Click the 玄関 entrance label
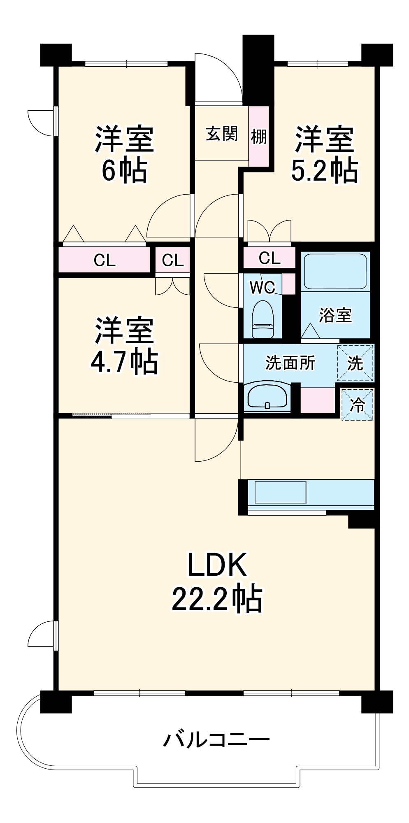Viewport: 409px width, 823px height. click(222, 134)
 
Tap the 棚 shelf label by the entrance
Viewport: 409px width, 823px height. click(259, 136)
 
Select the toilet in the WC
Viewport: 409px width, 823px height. click(263, 319)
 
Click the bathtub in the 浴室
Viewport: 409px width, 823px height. click(335, 272)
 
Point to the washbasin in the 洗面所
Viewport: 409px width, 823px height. click(267, 396)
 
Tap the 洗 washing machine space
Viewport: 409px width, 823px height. click(355, 363)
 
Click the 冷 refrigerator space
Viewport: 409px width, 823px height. click(357, 405)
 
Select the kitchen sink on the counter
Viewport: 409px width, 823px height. click(280, 492)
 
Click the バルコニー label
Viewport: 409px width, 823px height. click(216, 739)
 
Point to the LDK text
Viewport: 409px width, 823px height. click(217, 565)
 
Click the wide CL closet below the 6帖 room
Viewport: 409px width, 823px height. click(105, 260)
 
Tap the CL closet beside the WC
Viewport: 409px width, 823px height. click(270, 258)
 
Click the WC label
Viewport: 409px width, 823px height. click(262, 287)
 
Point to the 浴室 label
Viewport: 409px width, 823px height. click(335, 315)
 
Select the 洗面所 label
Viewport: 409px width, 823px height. click(290, 363)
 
